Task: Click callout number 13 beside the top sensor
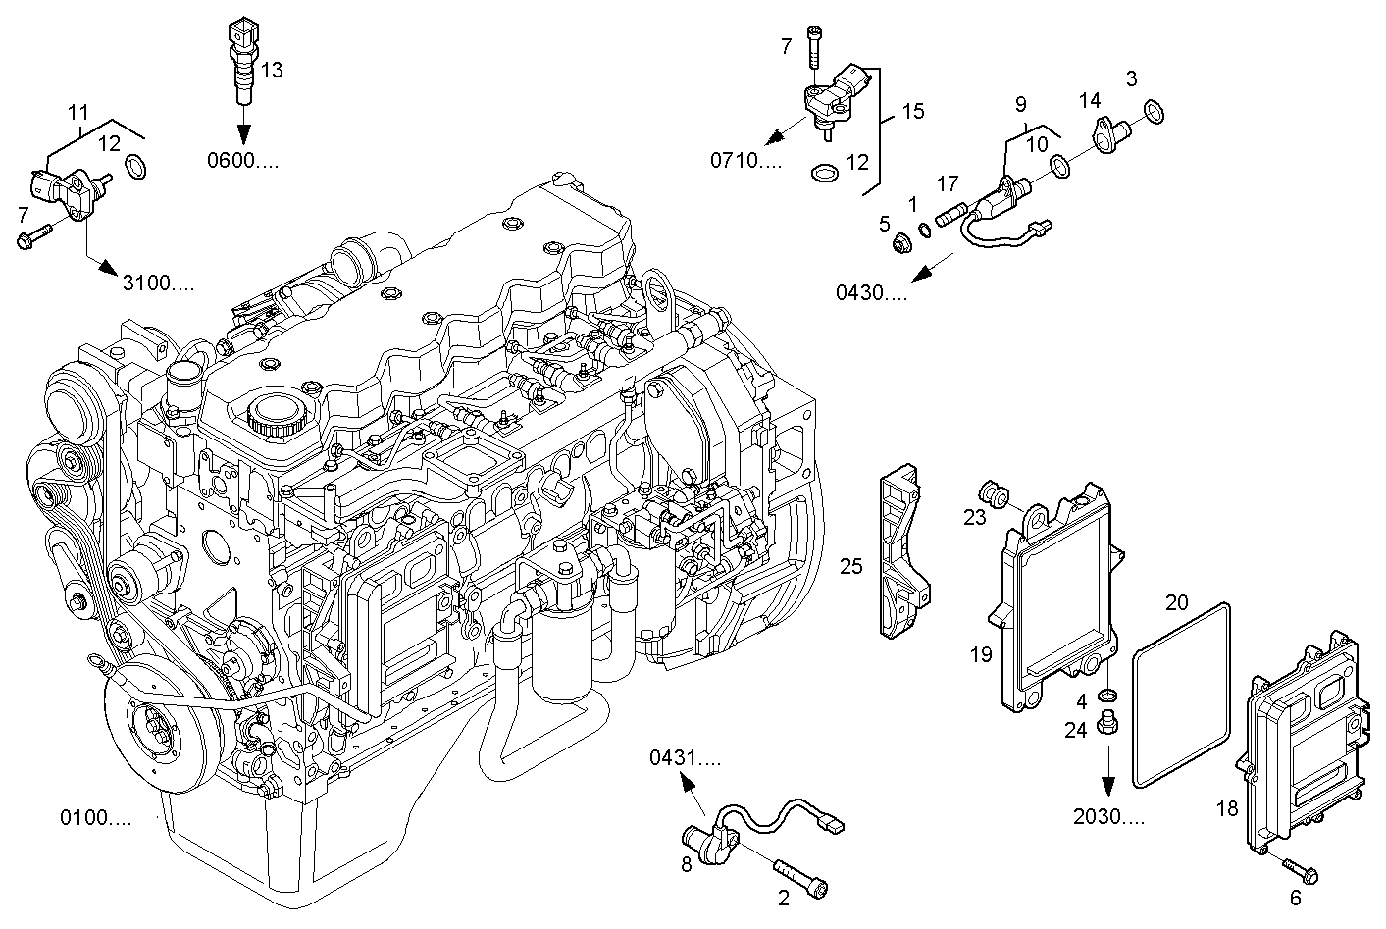point(272,69)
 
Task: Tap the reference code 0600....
point(241,161)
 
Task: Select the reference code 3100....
point(157,284)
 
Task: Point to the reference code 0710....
point(746,161)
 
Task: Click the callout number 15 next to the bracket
point(912,112)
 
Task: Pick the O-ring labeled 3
point(1155,113)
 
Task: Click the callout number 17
point(947,183)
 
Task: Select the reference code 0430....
point(871,292)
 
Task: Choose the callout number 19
point(981,654)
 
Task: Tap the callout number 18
point(1226,809)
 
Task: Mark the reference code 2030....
point(1107,816)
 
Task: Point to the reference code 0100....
point(95,817)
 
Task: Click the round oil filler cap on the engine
point(278,416)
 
